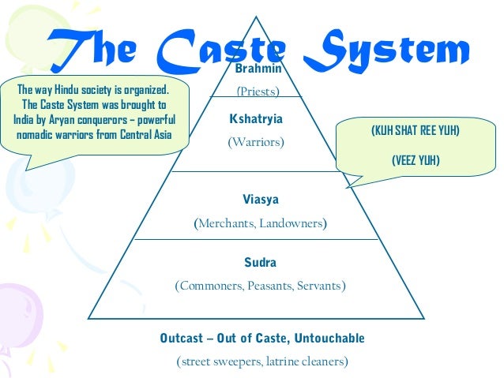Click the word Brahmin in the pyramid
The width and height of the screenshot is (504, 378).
259,70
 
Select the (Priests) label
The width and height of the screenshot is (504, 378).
259,92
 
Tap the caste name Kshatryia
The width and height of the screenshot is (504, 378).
255,118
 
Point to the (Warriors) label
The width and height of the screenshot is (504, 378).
255,143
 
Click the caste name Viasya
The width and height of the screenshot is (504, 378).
260,200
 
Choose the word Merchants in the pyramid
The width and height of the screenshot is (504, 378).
224,224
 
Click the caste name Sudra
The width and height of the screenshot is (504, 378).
260,262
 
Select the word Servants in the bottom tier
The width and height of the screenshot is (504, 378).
321,286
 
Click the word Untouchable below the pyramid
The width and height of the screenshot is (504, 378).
331,339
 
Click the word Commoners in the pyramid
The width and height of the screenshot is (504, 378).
212,286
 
